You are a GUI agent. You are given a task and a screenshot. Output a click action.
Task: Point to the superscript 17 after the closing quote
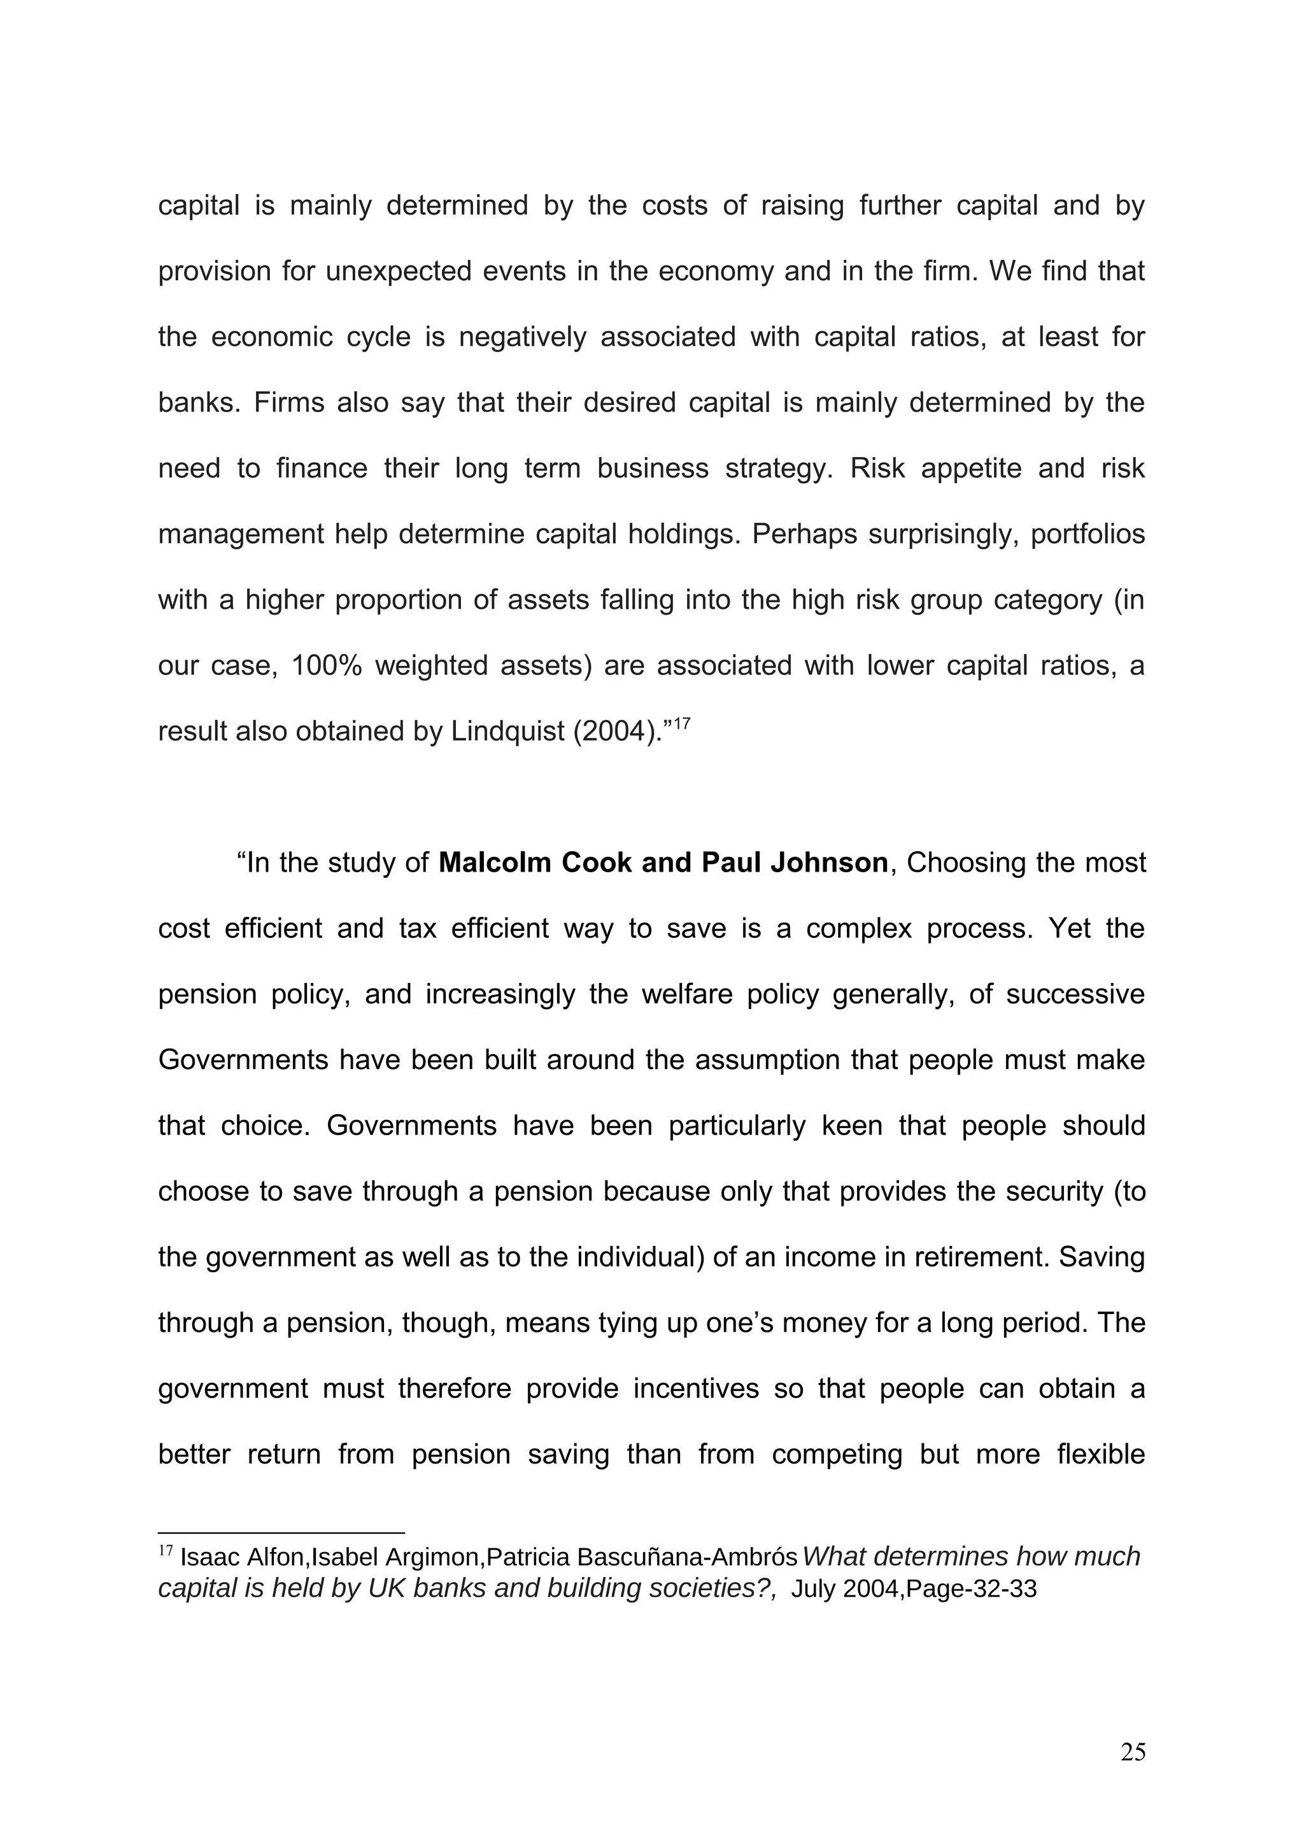click(x=681, y=725)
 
